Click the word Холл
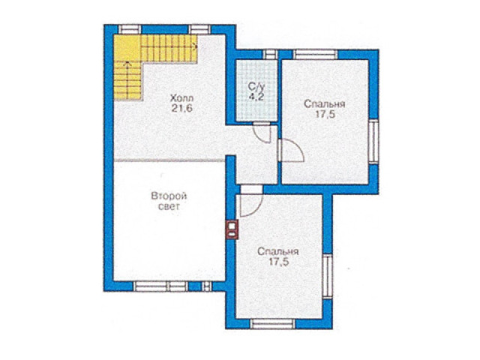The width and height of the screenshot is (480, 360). [x=181, y=98]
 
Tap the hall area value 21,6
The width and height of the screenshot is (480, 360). [x=181, y=108]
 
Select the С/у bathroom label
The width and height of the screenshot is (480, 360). [x=256, y=86]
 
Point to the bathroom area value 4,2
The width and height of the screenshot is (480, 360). [x=256, y=96]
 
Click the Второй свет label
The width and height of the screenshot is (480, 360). [x=169, y=201]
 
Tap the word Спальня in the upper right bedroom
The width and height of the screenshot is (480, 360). [x=325, y=104]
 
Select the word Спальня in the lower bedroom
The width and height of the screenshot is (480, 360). [x=278, y=252]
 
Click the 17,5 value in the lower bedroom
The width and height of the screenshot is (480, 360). [x=278, y=262]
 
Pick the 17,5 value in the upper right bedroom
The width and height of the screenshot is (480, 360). [x=325, y=114]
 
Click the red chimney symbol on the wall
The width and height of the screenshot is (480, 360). [x=232, y=229]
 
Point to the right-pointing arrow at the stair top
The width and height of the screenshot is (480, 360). [x=194, y=46]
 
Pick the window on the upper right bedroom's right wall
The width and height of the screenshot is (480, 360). [x=373, y=141]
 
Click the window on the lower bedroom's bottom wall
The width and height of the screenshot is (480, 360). [x=273, y=323]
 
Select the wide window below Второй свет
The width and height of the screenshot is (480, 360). [x=160, y=286]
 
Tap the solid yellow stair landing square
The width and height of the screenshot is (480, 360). [x=127, y=48]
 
